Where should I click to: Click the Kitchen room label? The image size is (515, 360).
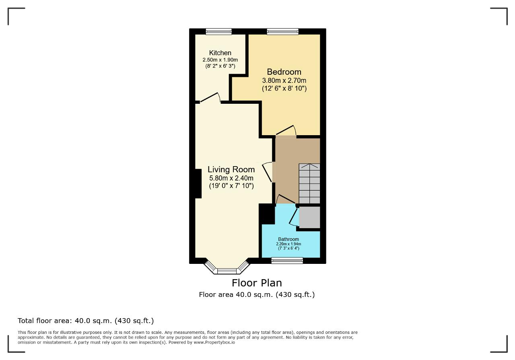point(220,53)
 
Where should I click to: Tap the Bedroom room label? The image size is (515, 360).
point(284,72)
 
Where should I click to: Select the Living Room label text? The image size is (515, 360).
point(231,169)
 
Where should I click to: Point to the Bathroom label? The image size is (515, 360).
point(288,239)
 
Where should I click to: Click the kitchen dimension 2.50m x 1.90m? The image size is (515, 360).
point(220,60)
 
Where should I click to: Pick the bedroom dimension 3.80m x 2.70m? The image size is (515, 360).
point(284,80)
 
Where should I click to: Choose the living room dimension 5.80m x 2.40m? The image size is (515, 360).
point(231,178)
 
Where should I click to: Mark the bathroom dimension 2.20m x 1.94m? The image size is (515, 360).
point(288,244)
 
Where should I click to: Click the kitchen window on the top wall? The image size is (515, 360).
point(218,31)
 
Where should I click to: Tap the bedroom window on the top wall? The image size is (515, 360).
point(282,31)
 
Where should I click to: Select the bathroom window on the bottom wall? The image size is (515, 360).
point(287,261)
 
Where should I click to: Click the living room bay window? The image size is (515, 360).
point(227,271)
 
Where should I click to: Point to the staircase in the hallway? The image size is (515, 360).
point(309,183)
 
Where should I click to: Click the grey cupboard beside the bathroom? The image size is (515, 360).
point(309,217)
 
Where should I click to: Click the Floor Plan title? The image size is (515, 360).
point(257,283)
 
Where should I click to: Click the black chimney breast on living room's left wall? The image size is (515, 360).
point(198,184)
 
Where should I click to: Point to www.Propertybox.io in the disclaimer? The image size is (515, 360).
point(214,342)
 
